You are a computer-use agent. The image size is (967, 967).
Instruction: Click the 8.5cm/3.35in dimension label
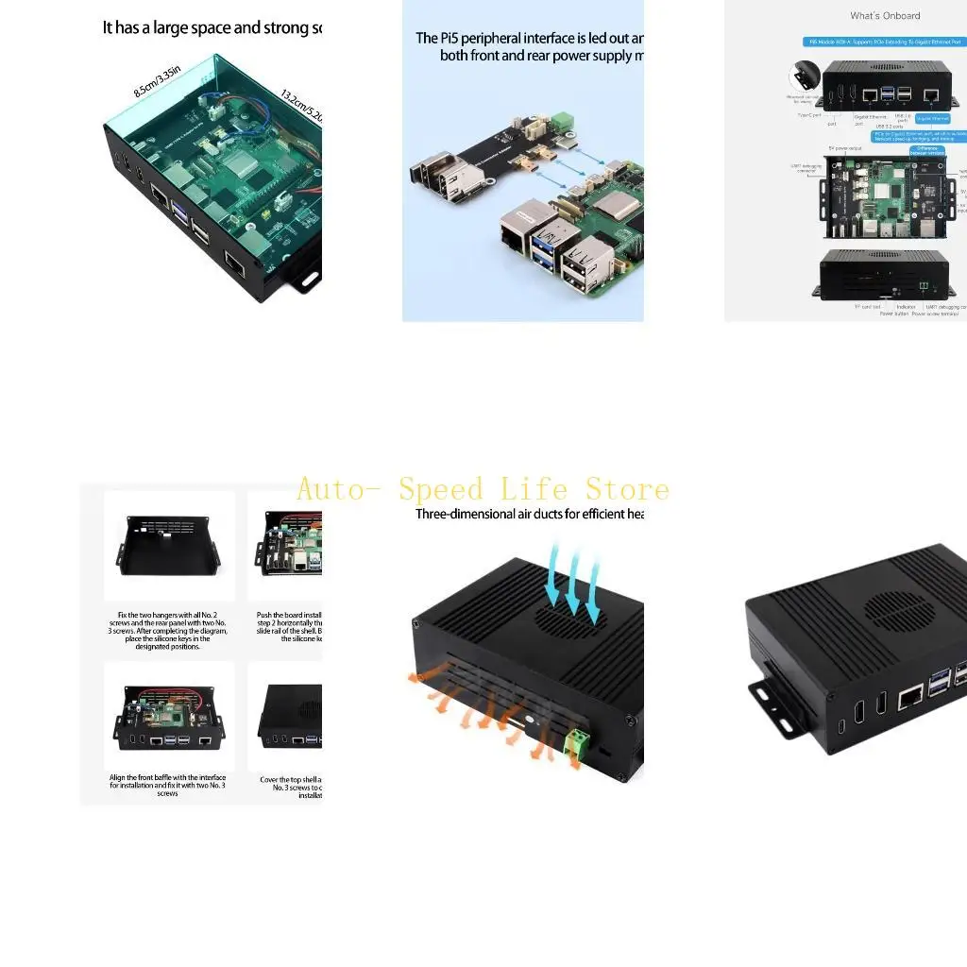(x=157, y=80)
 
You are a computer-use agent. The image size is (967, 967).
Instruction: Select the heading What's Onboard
(x=885, y=16)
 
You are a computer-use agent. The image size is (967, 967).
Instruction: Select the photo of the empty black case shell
(x=169, y=547)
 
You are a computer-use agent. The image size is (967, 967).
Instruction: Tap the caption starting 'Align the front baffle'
(x=169, y=786)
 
